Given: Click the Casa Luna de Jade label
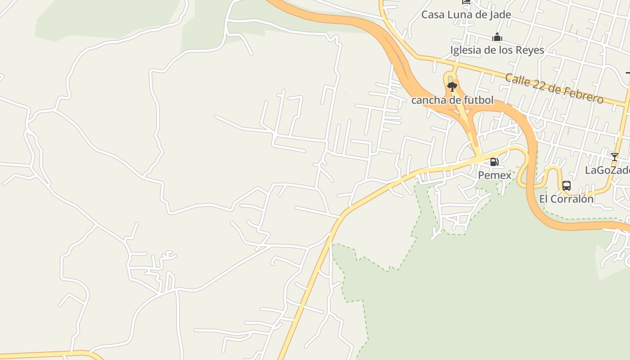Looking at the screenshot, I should click(x=466, y=14).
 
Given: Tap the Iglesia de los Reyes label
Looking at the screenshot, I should click(x=497, y=50).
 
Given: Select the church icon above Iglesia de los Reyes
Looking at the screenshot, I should click(x=497, y=37).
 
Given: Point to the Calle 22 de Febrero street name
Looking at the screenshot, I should click(x=554, y=88).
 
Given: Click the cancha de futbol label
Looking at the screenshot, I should click(x=452, y=100).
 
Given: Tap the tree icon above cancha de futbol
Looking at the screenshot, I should click(x=452, y=86).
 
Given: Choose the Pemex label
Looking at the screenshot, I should click(x=495, y=175).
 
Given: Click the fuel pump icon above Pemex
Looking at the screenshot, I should click(x=494, y=162).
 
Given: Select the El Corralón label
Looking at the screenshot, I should click(x=566, y=198).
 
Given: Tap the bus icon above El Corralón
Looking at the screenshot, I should click(x=567, y=185).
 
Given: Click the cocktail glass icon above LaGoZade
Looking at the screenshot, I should click(x=614, y=157).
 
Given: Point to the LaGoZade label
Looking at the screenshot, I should click(x=607, y=170).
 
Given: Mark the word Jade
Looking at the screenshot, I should click(x=500, y=14).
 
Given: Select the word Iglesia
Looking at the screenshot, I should click(x=465, y=50).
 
